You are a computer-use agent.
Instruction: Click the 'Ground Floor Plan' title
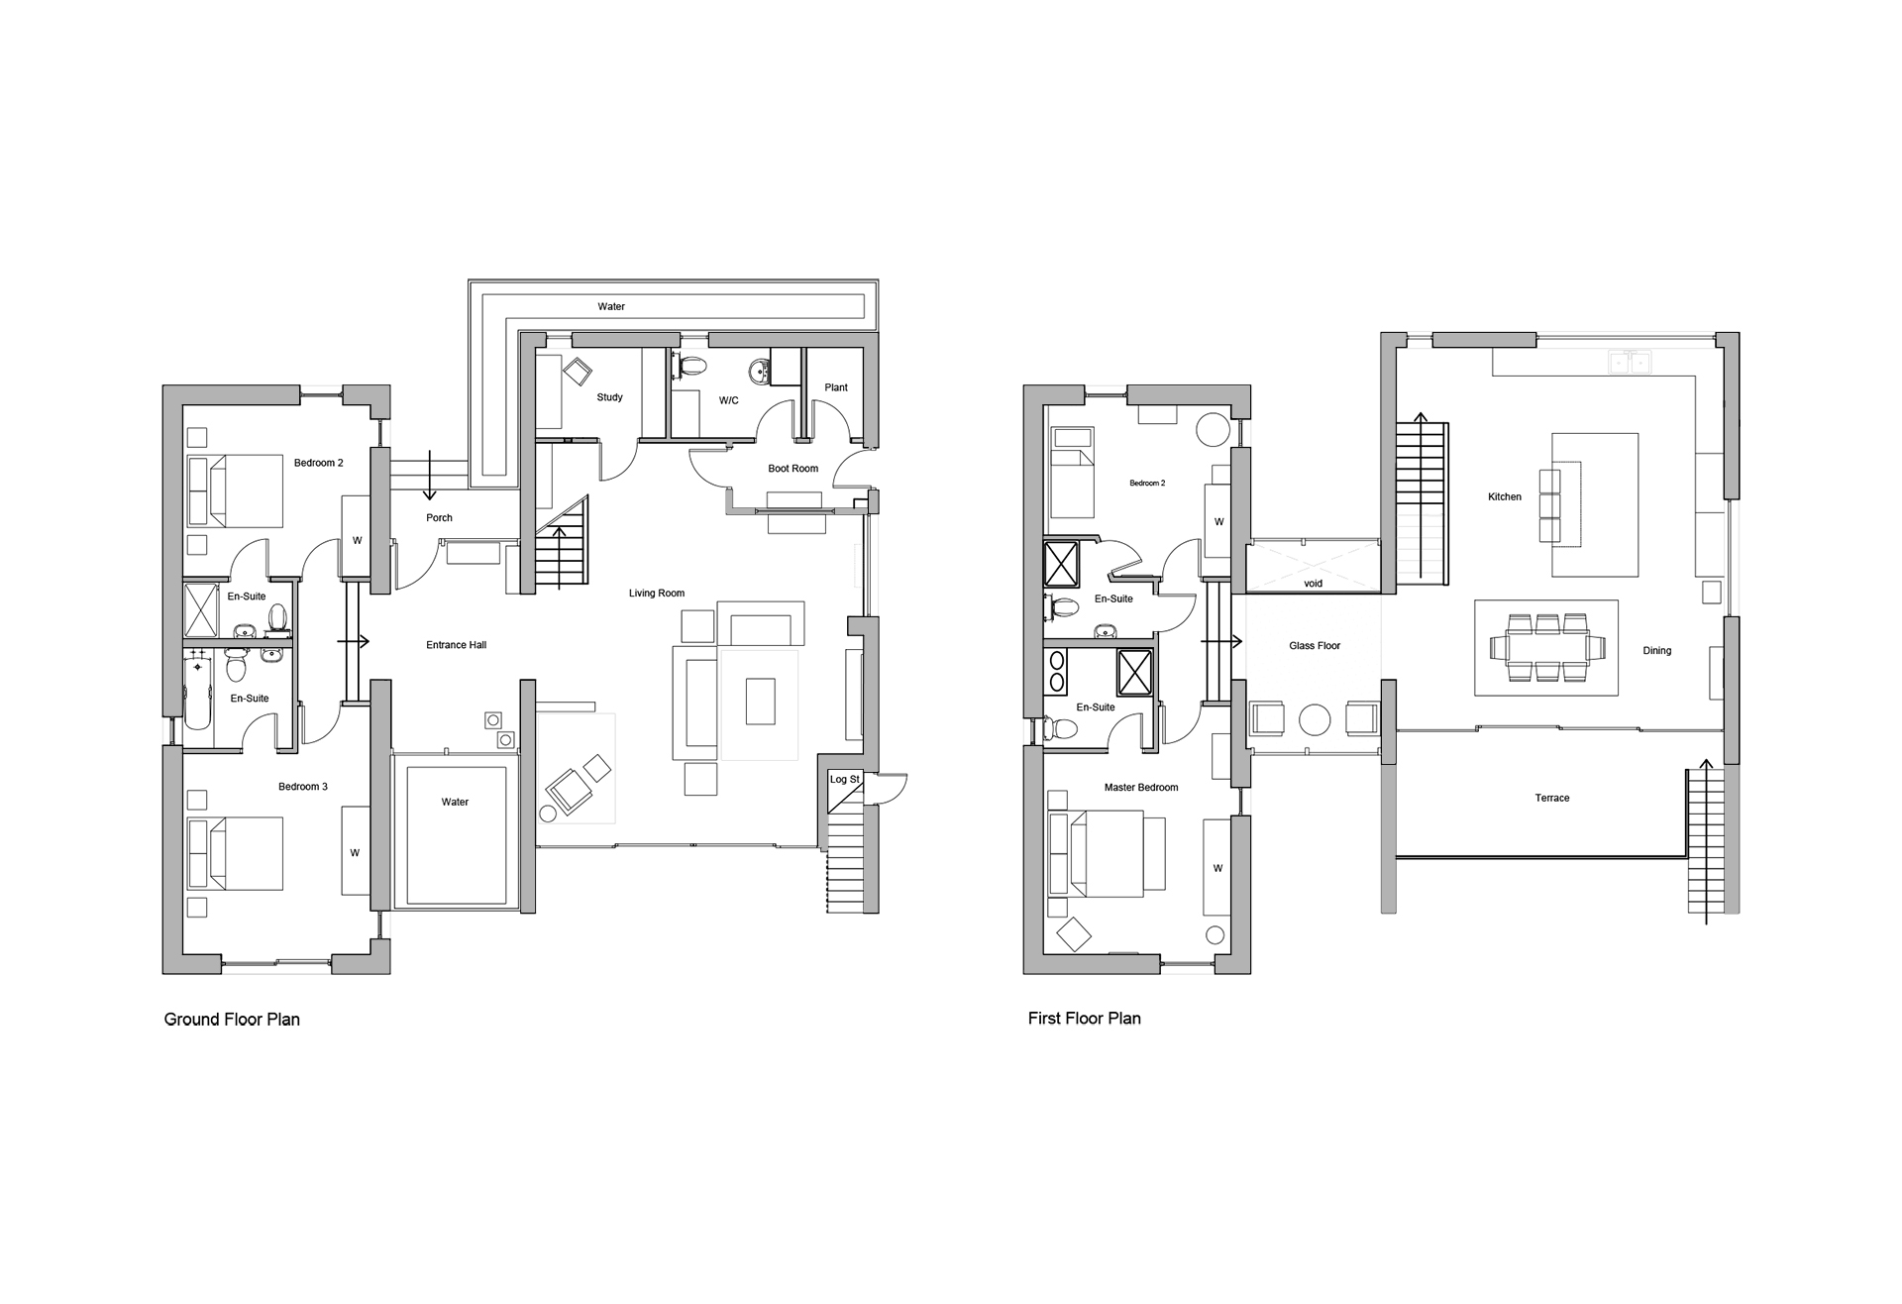point(232,1019)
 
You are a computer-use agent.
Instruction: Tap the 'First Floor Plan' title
point(1084,1018)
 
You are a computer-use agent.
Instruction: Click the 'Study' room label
point(609,397)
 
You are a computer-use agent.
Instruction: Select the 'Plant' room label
point(836,387)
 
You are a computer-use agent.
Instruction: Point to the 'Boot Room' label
point(792,469)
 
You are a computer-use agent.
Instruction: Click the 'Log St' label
point(844,780)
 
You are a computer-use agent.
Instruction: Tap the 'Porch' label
point(439,518)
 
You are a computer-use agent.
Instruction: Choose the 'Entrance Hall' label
point(456,645)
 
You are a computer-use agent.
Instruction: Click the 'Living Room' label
point(656,594)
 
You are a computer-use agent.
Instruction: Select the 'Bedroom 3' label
point(302,787)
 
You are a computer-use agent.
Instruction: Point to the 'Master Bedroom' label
point(1141,788)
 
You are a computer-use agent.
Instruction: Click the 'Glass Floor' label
point(1315,646)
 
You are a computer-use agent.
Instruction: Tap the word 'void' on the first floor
point(1313,584)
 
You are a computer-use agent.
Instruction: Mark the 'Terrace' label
point(1551,798)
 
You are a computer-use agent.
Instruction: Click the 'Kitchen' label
point(1504,497)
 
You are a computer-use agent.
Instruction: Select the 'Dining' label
point(1656,651)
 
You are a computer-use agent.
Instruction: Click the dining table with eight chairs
point(1545,648)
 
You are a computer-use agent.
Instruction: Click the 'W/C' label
point(728,400)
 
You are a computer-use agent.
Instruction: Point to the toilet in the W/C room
point(692,366)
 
